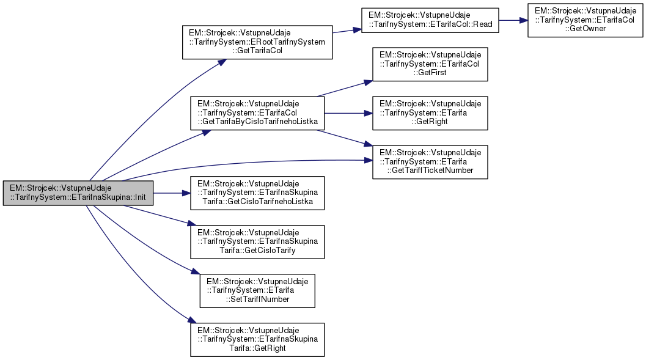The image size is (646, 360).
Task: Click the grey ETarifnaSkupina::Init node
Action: pos(78,193)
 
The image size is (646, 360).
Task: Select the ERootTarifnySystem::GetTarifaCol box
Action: pos(257,42)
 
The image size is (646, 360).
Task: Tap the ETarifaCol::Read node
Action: pos(431,24)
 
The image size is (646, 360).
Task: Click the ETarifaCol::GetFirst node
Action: pos(430,64)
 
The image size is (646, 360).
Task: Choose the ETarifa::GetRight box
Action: pos(430,112)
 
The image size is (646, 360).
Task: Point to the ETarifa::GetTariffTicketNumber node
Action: pos(430,161)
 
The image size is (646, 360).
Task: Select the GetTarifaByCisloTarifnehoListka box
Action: pos(257,112)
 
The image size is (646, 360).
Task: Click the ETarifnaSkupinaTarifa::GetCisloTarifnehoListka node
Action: pos(257,193)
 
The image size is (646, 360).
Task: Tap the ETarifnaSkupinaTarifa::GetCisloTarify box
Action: pos(257,242)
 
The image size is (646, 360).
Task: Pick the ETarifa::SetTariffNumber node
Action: pos(257,291)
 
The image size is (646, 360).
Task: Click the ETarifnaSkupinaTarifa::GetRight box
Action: pos(257,340)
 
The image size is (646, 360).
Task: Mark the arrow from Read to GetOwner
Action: pos(513,20)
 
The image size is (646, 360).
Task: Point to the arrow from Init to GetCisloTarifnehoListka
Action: pos(171,193)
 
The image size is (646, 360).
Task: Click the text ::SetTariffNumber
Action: pos(257,299)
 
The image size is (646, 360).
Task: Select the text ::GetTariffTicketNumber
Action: pos(430,170)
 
